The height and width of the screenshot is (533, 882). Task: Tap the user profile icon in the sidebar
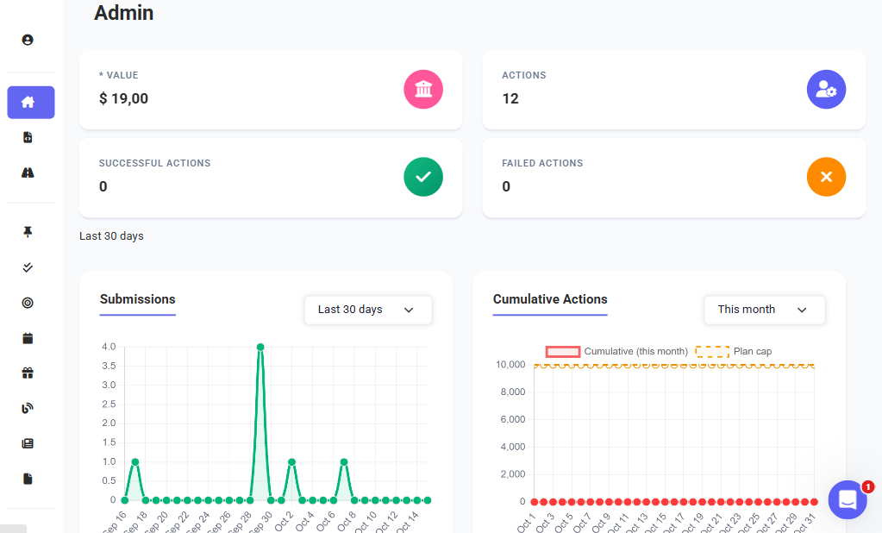[28, 40]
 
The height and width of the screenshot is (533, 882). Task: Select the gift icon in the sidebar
[28, 373]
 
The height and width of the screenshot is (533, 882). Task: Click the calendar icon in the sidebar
[28, 338]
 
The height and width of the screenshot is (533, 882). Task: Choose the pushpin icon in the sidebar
[28, 232]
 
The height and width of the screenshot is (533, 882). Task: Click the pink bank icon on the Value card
[423, 90]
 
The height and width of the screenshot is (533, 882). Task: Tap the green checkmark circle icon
[423, 177]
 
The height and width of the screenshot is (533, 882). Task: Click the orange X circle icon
[826, 177]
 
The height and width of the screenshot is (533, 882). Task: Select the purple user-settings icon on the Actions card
[826, 90]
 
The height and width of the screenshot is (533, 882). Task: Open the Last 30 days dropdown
[367, 310]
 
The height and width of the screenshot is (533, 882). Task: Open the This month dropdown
[764, 310]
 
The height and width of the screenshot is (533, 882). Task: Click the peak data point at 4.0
[260, 347]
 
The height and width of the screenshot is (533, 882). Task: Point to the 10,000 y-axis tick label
[510, 365]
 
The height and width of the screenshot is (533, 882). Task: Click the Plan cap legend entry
[734, 352]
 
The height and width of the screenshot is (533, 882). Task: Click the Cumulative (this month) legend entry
[617, 352]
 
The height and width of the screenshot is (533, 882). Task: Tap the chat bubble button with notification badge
[848, 499]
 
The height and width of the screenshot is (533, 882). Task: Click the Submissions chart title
[138, 299]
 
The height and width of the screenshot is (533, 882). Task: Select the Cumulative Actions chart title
[550, 299]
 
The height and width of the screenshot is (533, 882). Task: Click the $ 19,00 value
[124, 98]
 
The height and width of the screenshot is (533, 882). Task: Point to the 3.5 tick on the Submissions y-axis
[108, 366]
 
